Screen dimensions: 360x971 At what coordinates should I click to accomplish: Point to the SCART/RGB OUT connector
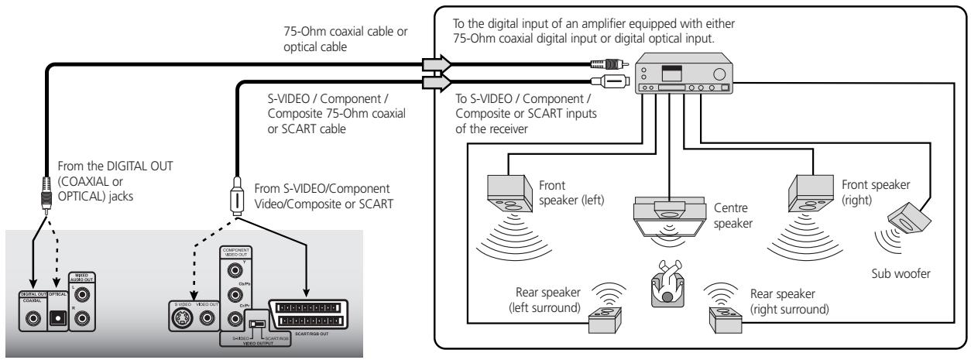point(306,314)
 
